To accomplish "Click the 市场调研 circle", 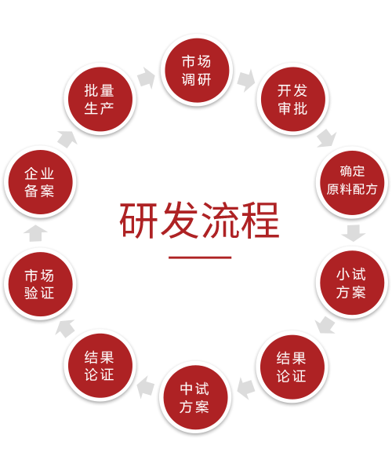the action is [x=197, y=71].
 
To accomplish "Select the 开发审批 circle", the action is [x=292, y=99].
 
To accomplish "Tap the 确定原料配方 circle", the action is [x=352, y=182].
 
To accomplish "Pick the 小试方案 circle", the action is [x=351, y=283].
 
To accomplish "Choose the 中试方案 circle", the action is [x=195, y=397].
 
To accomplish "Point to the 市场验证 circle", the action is [x=40, y=284].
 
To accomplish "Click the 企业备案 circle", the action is [x=40, y=182].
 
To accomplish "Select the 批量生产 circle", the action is [x=100, y=99].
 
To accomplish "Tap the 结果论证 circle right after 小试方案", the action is [x=292, y=367].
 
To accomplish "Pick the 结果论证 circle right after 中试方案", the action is [x=100, y=365].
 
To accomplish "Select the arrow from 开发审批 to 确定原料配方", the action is [x=327, y=139].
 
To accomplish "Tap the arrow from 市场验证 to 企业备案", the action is [x=36, y=233].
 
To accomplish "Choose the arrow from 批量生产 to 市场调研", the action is [x=147, y=78].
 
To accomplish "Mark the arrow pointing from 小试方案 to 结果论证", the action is [x=325, y=325].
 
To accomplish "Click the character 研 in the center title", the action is [x=139, y=220].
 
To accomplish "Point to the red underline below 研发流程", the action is [x=200, y=257].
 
